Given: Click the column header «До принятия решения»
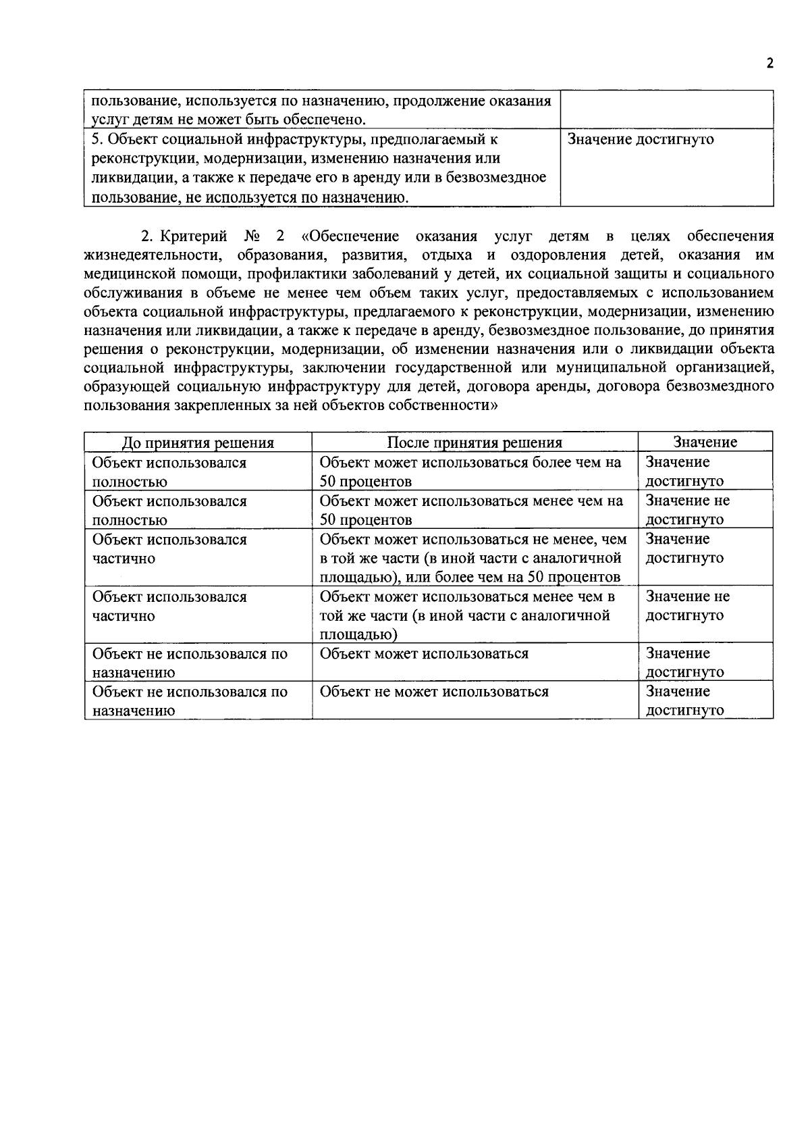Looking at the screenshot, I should (x=198, y=443).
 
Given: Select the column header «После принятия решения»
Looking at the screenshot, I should (x=475, y=443).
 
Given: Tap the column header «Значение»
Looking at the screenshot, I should (x=705, y=442).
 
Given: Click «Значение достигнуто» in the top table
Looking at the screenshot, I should (x=641, y=140).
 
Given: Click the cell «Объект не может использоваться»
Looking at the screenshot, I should (x=433, y=692).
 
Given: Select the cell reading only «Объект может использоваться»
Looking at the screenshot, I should (x=424, y=654).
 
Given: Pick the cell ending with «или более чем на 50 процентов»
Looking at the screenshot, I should (x=473, y=558).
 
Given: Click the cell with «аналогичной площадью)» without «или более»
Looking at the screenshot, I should (x=467, y=615).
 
